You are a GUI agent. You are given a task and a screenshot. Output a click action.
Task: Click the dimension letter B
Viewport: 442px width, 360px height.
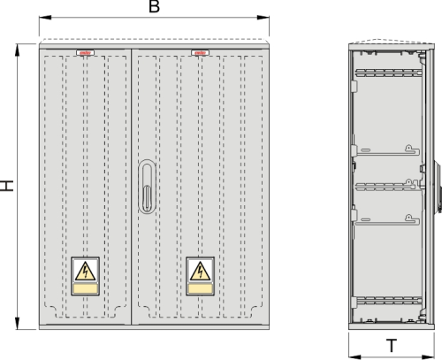click(x=154, y=6)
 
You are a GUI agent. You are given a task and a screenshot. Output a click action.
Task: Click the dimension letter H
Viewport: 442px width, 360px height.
click(x=6, y=186)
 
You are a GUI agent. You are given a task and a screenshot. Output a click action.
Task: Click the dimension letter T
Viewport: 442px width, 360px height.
click(x=392, y=346)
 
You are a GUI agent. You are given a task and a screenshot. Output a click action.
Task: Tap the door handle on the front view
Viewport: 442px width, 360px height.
click(x=147, y=187)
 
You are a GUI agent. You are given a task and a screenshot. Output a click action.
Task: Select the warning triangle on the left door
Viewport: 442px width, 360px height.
click(x=85, y=272)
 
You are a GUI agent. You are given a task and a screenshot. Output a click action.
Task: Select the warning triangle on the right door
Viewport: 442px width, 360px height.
click(x=200, y=272)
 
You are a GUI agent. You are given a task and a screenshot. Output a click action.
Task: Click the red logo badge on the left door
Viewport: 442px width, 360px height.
click(x=85, y=53)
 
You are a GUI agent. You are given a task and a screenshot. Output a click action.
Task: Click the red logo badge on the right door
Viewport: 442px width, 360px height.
click(x=201, y=53)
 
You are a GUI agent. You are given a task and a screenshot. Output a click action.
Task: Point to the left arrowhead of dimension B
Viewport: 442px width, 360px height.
click(x=45, y=18)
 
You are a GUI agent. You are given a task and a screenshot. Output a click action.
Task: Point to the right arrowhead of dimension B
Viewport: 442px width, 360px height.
click(x=263, y=18)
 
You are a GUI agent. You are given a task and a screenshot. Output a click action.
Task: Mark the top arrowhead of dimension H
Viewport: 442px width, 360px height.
click(x=18, y=50)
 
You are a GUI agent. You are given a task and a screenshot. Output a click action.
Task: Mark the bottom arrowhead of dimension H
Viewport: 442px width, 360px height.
click(x=18, y=324)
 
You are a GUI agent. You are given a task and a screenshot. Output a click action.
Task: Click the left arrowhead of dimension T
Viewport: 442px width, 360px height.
click(x=354, y=357)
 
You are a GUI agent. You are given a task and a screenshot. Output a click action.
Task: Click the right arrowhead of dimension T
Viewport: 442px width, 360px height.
click(x=429, y=357)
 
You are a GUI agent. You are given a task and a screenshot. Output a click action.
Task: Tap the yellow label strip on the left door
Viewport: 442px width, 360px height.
click(x=85, y=288)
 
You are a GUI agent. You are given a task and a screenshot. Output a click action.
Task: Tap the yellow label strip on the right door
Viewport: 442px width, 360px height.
click(x=200, y=288)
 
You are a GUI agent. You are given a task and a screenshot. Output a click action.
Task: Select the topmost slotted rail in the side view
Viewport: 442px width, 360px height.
click(x=388, y=73)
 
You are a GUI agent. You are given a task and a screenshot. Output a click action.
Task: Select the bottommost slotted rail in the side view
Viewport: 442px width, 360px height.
click(x=389, y=301)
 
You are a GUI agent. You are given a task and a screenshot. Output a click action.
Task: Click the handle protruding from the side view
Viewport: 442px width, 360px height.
click(x=438, y=186)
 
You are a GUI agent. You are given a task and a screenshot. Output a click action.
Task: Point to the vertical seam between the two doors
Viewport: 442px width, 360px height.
click(x=132, y=187)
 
